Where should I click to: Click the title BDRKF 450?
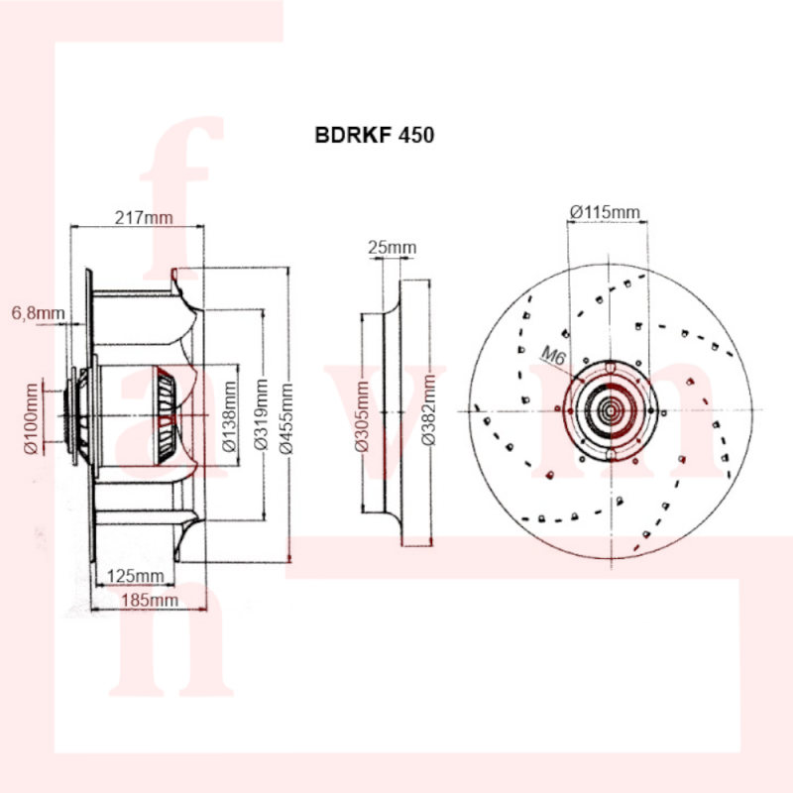coord(375,135)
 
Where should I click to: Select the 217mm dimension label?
coord(144,217)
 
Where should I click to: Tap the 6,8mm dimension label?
coord(38,313)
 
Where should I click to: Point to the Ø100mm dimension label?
coord(31,418)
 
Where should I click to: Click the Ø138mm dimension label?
coord(230,416)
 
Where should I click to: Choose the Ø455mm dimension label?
coord(286,418)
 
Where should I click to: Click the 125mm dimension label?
coord(136,576)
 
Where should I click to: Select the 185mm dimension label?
coord(150,601)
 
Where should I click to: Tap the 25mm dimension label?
coord(392,247)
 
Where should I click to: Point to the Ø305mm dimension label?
coord(362,416)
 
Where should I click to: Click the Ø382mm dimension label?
coord(428,410)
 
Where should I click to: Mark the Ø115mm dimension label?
coord(605,211)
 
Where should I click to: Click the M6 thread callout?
coord(554,355)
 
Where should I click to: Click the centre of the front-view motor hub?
coord(611,410)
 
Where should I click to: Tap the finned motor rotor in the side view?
coord(166,414)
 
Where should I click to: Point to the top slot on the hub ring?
coord(611,367)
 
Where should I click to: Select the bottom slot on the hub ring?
coord(611,456)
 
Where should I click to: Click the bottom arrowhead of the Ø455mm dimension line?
coord(289,558)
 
